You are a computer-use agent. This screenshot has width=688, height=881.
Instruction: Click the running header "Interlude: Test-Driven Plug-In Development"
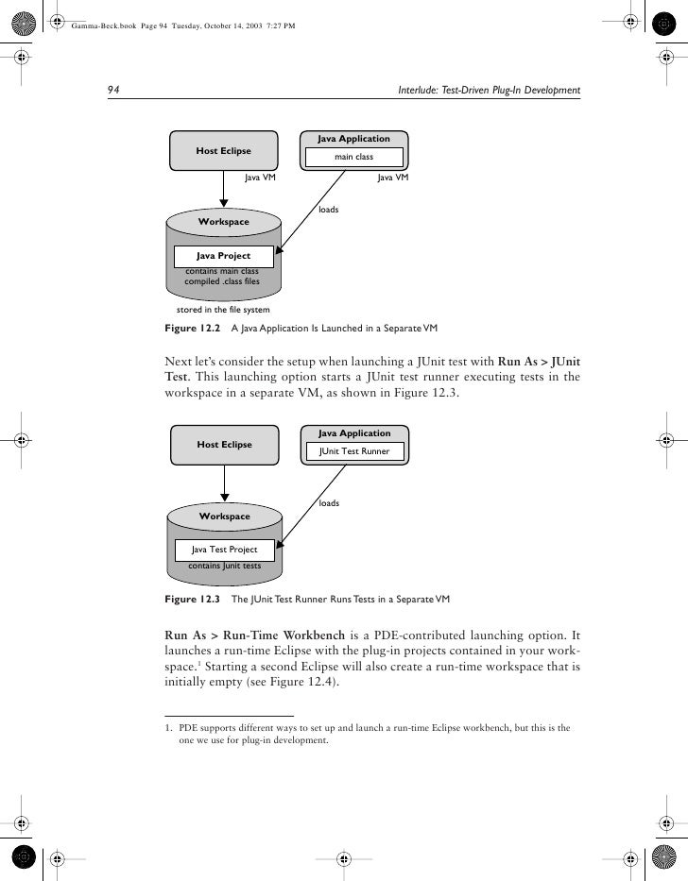pos(490,91)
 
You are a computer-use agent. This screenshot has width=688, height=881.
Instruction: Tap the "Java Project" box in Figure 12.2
pos(223,255)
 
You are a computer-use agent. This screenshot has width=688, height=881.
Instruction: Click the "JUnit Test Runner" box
pos(354,452)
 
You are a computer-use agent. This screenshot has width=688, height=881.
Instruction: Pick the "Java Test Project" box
pos(224,549)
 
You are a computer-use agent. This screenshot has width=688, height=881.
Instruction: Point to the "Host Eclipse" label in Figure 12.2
pos(223,150)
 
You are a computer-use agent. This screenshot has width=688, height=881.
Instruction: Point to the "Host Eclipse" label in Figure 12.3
pos(223,444)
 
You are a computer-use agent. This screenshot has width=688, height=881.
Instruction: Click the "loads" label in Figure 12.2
pos(329,209)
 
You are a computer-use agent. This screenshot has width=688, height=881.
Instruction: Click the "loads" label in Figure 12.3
pos(329,503)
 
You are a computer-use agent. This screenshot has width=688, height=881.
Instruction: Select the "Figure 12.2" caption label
pos(192,329)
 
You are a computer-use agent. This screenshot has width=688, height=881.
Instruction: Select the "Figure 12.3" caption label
pos(192,599)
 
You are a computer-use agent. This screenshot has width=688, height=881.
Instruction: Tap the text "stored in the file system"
pos(223,310)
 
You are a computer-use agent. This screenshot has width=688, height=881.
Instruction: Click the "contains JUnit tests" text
pos(225,566)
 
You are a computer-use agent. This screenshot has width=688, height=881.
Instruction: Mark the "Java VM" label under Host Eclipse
pos(260,177)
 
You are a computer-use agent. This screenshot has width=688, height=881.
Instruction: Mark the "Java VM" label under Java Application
pos(392,177)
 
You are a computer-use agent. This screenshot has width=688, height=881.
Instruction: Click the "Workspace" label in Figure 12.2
pos(224,222)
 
